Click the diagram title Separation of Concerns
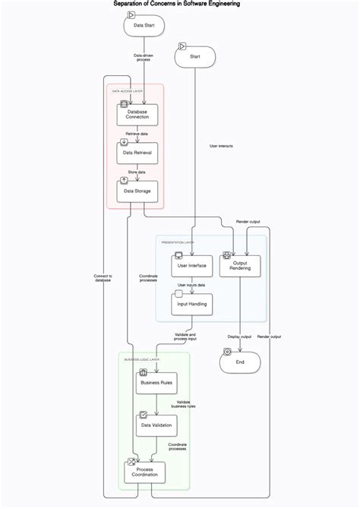coord(176,4)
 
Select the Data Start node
coord(144,25)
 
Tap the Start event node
coord(194,56)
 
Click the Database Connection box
coord(137,115)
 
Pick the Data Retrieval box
coord(137,153)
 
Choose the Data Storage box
coord(137,191)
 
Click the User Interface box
coord(192,266)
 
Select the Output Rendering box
coord(240,265)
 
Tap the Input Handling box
coord(192,304)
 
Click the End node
coord(240,362)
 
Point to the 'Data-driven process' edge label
coord(143,57)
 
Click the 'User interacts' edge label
coord(220,146)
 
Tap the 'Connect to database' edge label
coord(103,278)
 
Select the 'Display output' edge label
coord(239,337)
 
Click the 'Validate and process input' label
coord(185,337)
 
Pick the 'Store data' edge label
coord(137,172)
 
